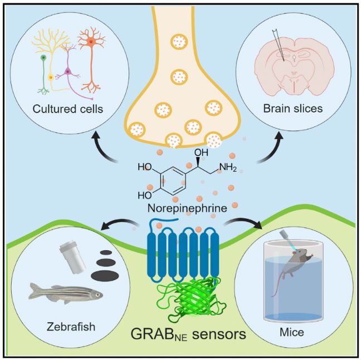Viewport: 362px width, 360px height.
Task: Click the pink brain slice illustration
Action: coord(292,60)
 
